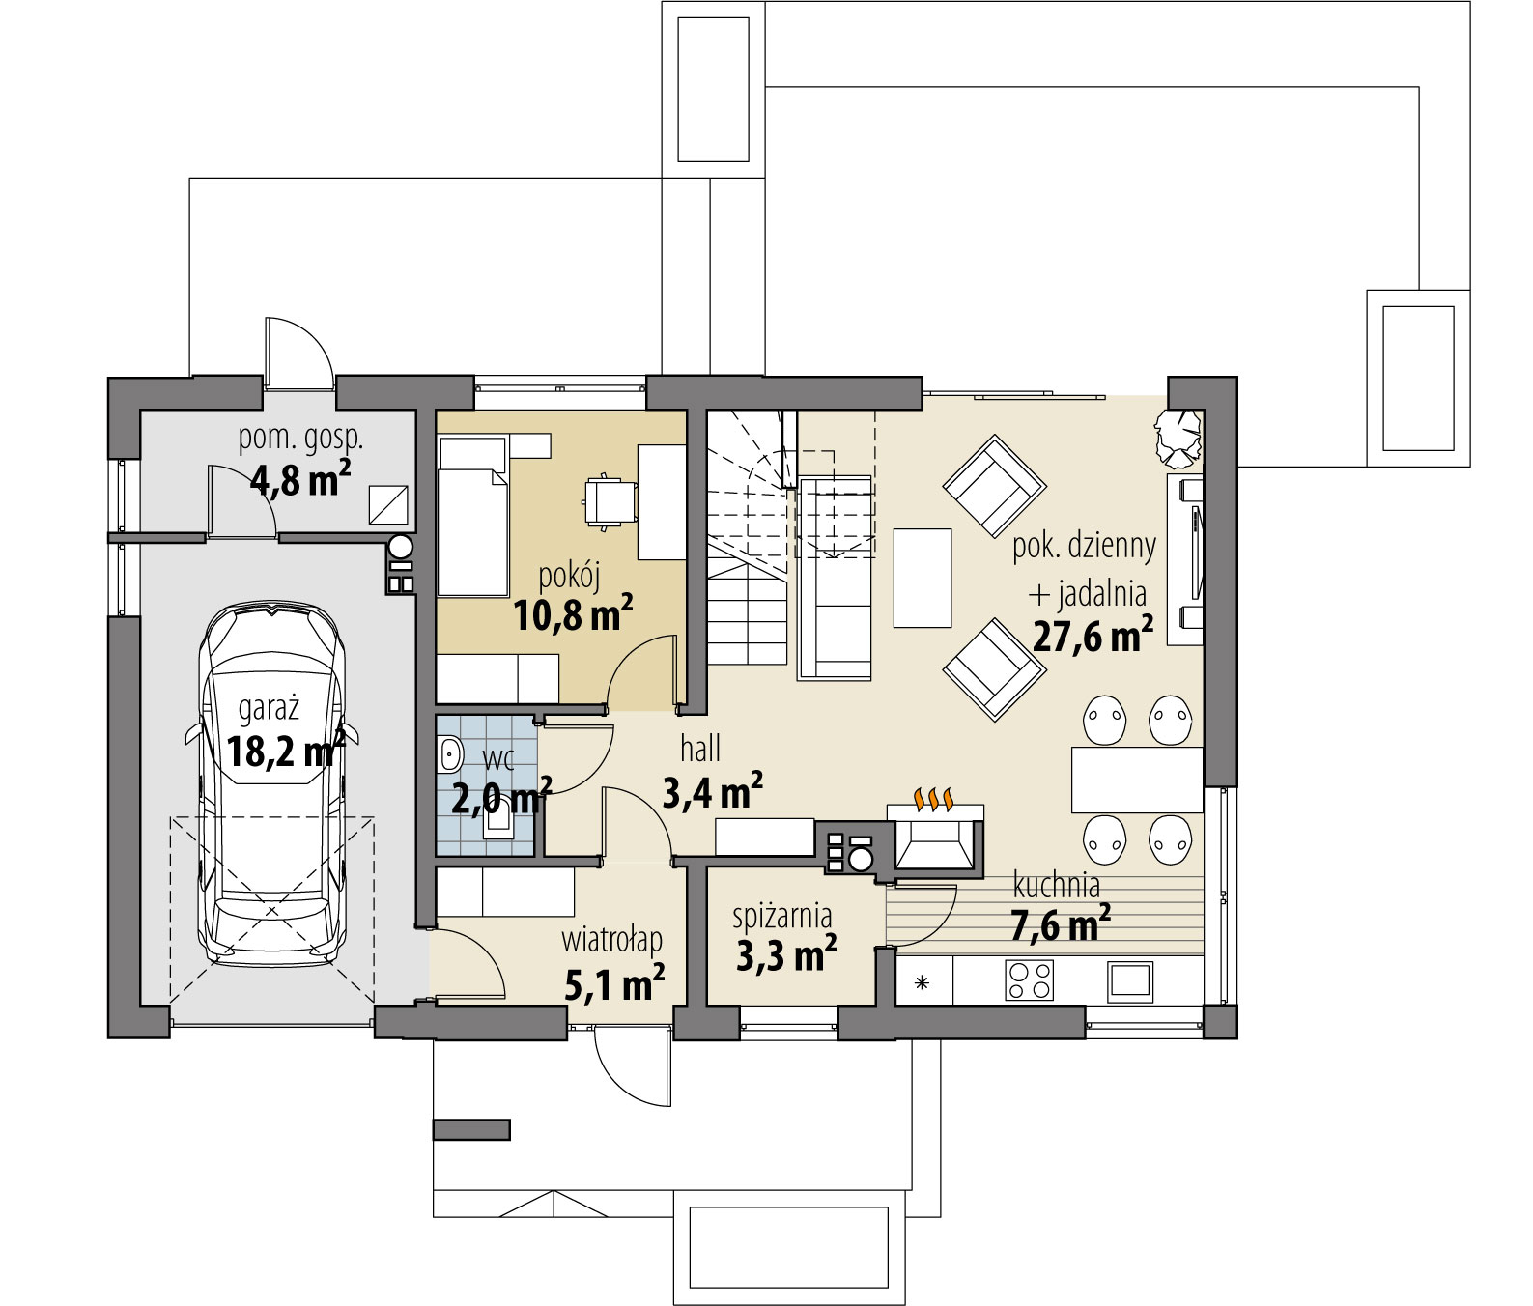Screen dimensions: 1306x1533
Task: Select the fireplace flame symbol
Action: coord(935,799)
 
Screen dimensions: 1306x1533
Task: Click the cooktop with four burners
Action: coord(1029,980)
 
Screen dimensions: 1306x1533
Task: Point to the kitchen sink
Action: coord(1128,980)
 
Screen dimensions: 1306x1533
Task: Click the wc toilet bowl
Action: coord(499,824)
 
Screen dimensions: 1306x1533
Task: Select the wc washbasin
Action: coord(448,754)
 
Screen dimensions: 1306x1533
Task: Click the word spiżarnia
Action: coord(781,915)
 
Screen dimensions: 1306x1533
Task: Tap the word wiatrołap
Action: coord(611,939)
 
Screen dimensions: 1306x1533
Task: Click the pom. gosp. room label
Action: coord(300,440)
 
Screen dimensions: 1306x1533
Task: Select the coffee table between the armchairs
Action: coord(923,577)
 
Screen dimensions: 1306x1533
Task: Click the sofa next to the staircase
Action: coord(835,577)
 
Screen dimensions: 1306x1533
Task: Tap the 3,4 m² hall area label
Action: coord(712,792)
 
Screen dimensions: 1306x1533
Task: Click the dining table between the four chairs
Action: coord(1137,780)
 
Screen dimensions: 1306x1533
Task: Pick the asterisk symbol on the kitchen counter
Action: coord(922,983)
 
